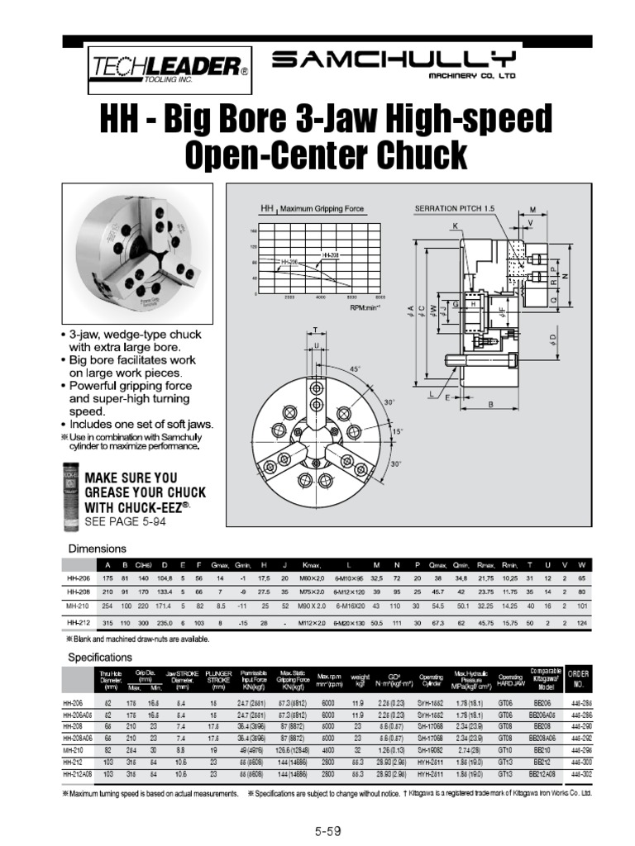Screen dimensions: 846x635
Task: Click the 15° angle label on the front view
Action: [x=398, y=431]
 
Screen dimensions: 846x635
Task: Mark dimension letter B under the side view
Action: [x=490, y=404]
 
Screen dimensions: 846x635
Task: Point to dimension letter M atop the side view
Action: [x=532, y=209]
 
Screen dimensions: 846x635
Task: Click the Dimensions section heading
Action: [x=96, y=549]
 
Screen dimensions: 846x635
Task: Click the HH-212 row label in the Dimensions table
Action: [x=78, y=621]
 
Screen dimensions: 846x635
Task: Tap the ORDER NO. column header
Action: [x=578, y=679]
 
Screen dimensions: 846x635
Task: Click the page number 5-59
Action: [x=328, y=830]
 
